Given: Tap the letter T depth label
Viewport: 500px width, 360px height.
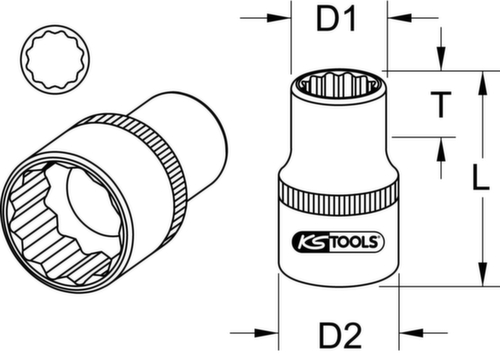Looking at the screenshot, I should pos(437,104).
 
